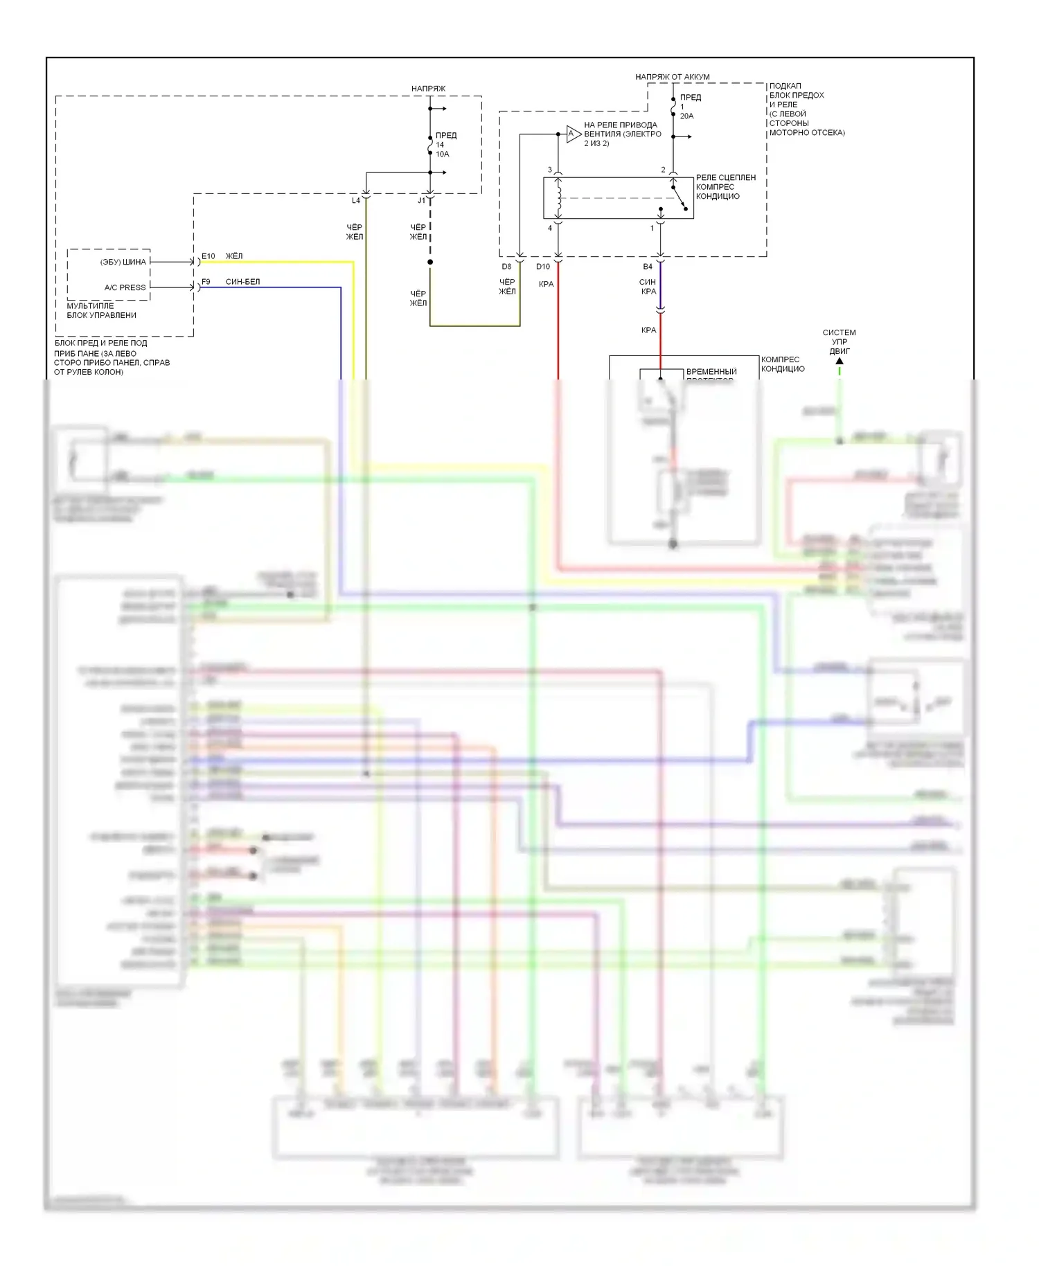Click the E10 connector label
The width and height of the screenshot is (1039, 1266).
[x=208, y=256]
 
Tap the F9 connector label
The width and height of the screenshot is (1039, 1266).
[x=206, y=282]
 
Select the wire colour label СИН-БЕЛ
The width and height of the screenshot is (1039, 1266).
[x=242, y=282]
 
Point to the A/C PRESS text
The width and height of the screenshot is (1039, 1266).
[x=125, y=287]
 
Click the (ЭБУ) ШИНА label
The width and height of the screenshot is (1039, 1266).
[x=123, y=262]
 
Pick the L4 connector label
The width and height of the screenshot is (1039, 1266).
[x=355, y=201]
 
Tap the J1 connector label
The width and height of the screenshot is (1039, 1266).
[x=421, y=201]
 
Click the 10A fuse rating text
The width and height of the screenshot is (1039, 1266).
[x=442, y=154]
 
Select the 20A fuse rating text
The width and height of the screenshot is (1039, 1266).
[x=686, y=116]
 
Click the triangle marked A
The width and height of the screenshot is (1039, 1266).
[x=572, y=134]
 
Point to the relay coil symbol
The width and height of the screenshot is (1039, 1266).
[x=558, y=197]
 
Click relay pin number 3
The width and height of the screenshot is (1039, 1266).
[x=550, y=170]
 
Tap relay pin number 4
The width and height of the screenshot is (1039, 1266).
[x=550, y=228]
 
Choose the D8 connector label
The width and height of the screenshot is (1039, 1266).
[x=506, y=267]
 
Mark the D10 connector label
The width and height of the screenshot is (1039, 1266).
[x=543, y=267]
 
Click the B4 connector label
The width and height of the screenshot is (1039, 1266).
[x=648, y=267]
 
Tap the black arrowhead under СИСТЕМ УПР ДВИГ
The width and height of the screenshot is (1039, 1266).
[x=840, y=361]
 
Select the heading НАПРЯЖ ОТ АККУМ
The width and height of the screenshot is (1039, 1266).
[x=672, y=77]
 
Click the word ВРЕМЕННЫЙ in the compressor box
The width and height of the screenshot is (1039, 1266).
[x=711, y=372]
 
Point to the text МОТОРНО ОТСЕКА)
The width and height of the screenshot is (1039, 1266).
[x=807, y=132]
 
